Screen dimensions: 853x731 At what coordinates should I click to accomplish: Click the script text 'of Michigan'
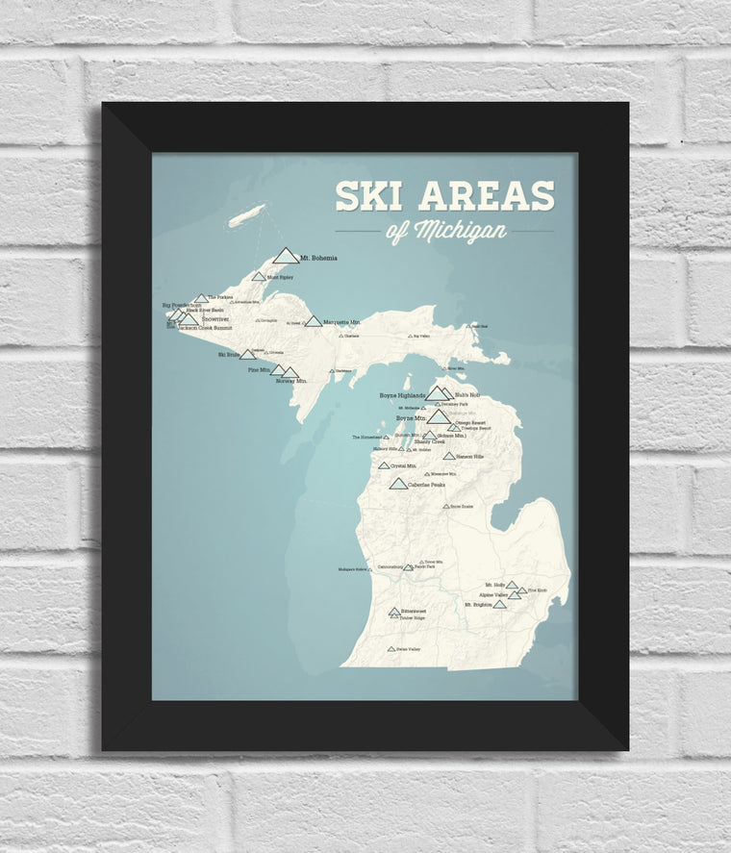point(446,232)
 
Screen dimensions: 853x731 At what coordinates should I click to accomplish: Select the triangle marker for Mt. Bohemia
point(286,256)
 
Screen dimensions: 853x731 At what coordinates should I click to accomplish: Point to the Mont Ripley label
point(280,277)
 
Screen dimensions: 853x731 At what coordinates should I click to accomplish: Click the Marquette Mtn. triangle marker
point(313,321)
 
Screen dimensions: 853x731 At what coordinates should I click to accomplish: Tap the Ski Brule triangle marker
point(247,355)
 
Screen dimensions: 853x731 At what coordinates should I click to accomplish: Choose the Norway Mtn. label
point(290,381)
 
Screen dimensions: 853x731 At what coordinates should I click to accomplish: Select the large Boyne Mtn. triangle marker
point(439,416)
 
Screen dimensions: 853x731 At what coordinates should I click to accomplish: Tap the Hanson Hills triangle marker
point(449,456)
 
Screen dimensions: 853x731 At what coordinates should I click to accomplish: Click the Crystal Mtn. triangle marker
point(384,465)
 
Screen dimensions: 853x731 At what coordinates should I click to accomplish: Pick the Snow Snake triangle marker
point(446,506)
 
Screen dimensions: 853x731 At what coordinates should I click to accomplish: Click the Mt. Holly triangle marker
point(512,585)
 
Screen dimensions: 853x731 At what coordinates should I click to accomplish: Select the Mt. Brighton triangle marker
point(499,604)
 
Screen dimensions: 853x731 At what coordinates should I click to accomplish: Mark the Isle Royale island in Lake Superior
point(246,215)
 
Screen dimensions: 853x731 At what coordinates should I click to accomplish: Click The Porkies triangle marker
point(201,299)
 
